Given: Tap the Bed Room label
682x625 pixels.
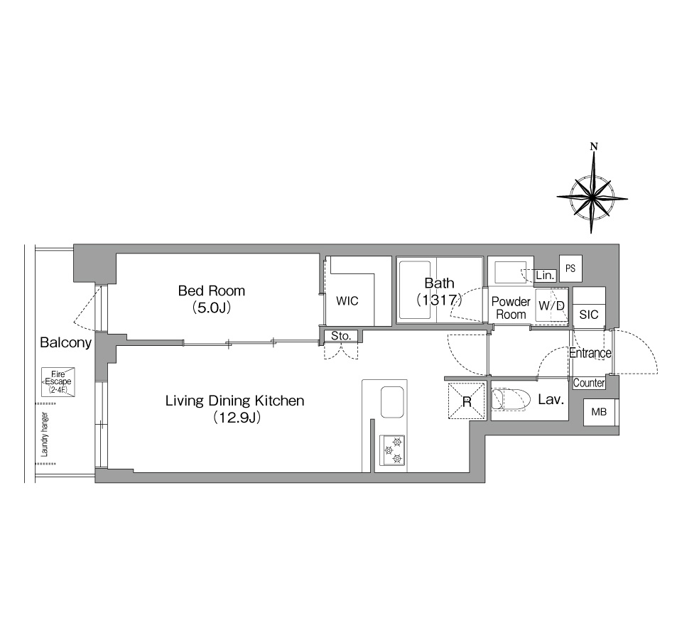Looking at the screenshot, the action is [x=212, y=290].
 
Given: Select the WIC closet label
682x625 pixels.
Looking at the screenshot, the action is [x=347, y=300].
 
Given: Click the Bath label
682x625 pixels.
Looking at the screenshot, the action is [x=439, y=283].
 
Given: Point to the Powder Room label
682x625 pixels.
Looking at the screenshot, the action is [x=511, y=308].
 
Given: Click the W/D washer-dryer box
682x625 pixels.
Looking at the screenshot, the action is [x=551, y=307].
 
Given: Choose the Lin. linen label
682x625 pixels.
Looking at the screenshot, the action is [x=545, y=275].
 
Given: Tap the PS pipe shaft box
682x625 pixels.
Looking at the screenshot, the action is [x=570, y=268].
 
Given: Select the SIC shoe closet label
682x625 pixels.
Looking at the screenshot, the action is [x=589, y=315].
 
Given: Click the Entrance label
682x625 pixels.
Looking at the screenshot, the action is [x=590, y=353].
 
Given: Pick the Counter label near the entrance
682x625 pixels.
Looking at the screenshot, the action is [x=589, y=383].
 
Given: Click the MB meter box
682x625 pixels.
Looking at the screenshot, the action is [x=600, y=411].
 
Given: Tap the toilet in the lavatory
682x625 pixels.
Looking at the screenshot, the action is [x=511, y=400].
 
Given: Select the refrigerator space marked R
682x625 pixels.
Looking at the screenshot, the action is [x=467, y=401].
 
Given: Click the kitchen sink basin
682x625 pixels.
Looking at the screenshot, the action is [x=392, y=402].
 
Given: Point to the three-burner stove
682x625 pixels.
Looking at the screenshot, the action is [x=392, y=450].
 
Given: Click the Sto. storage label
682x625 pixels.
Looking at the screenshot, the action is [x=341, y=336].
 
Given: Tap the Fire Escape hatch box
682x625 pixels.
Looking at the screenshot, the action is [x=58, y=382].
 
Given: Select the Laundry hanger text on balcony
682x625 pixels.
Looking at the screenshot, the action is [x=44, y=435].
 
